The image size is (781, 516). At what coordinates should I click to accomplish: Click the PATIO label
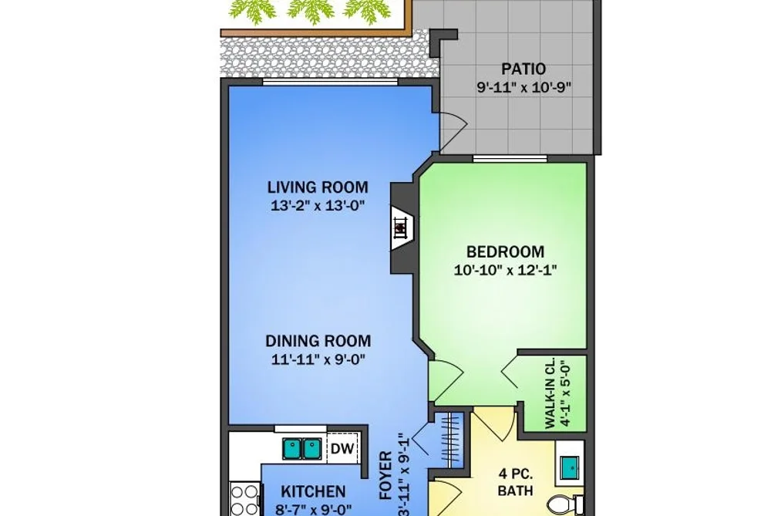(x=523, y=69)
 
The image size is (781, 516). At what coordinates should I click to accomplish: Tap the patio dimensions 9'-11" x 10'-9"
(x=523, y=88)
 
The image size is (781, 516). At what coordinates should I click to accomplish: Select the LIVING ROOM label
(x=318, y=187)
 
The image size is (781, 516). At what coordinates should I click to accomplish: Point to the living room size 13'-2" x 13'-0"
(x=318, y=205)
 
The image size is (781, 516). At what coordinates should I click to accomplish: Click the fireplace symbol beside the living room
(x=401, y=228)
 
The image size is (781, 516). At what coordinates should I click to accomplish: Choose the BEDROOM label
(x=505, y=251)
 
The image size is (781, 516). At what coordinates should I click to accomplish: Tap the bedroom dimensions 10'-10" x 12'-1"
(x=505, y=270)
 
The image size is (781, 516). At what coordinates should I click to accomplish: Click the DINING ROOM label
(x=318, y=341)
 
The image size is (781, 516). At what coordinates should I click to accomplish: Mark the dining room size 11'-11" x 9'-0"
(x=318, y=359)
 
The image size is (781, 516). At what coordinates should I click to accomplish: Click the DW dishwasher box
(x=342, y=449)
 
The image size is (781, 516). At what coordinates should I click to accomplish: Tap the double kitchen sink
(x=302, y=449)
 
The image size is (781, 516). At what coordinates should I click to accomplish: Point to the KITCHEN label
(x=313, y=491)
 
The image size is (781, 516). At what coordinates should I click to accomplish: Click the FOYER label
(x=386, y=476)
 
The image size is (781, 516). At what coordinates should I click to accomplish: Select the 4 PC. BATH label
(x=516, y=481)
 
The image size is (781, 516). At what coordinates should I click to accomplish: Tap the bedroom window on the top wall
(x=510, y=160)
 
